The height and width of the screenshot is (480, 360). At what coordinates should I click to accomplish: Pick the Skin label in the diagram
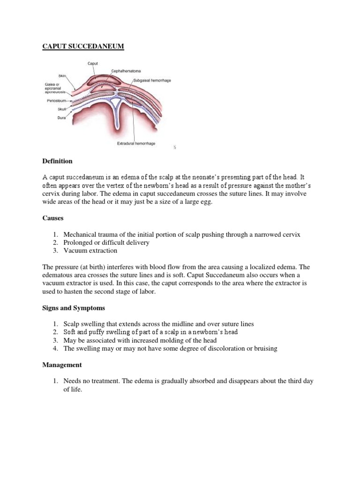coord(63,75)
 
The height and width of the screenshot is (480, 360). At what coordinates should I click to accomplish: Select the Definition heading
coord(58,161)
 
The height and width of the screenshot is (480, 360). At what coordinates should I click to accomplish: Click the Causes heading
coord(53,218)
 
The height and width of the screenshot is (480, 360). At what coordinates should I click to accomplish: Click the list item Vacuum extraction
coord(90,251)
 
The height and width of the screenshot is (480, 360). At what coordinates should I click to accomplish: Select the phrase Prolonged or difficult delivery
coord(107,242)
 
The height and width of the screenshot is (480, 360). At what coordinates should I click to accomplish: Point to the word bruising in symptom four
coord(264,348)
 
